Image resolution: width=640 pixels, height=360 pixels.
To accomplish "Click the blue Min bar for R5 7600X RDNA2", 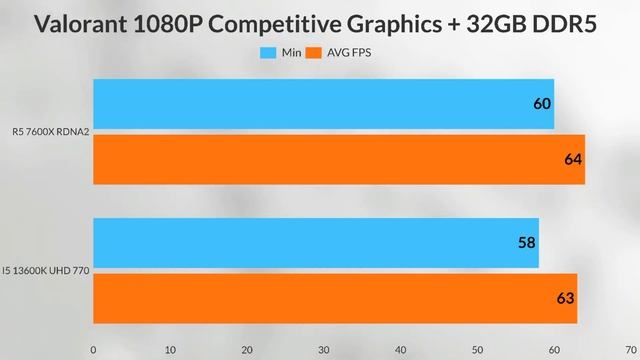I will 323,104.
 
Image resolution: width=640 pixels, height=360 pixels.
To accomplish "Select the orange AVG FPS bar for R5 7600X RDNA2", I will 338,159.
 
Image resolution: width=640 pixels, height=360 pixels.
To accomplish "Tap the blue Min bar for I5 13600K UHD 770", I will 315,243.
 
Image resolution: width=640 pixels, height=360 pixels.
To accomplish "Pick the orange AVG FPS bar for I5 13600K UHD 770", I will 334,297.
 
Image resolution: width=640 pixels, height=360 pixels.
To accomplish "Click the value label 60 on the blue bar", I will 541,104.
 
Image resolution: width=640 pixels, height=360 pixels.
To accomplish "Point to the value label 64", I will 572,159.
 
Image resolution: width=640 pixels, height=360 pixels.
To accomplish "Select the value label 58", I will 526,243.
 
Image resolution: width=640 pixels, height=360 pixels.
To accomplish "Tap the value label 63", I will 565,297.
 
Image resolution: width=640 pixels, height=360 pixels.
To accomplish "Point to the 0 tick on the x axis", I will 93,349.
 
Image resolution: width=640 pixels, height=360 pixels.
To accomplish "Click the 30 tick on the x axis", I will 324,349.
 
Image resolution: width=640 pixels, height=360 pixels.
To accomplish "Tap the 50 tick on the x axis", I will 478,349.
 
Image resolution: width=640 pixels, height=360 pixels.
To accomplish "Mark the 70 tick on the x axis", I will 631,349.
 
